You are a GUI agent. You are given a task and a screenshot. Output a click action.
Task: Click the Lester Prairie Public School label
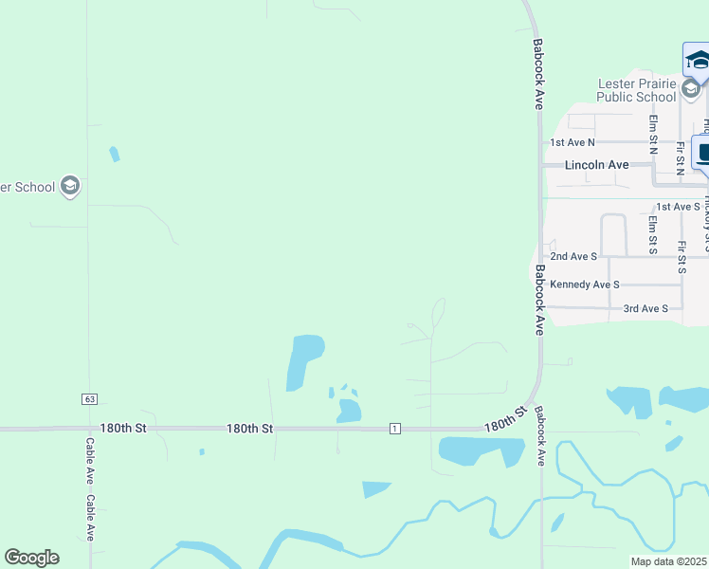[x=637, y=90]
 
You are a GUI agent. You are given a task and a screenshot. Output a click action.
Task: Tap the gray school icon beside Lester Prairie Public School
[x=691, y=89]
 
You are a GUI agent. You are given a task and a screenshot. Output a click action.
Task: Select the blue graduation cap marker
[x=698, y=61]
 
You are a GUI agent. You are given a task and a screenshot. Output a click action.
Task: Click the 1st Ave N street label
[x=573, y=142]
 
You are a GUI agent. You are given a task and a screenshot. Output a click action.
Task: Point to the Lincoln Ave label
[x=596, y=165]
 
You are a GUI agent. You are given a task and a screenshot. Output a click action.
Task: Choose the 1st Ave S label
[x=678, y=207]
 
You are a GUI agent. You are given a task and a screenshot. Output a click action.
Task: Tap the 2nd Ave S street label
[x=573, y=256]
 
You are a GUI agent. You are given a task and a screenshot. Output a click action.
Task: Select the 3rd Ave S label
[x=645, y=309]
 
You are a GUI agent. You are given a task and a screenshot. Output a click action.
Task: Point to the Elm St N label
[x=653, y=135]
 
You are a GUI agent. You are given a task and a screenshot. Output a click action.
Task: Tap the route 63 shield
[x=89, y=398]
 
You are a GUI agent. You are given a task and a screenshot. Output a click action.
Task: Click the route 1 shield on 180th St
[x=394, y=430]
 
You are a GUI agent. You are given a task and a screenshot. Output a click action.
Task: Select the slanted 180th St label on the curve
[x=504, y=418]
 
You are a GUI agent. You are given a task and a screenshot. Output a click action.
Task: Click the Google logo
[x=31, y=558]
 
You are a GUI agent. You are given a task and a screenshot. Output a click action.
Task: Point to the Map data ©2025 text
[x=669, y=561]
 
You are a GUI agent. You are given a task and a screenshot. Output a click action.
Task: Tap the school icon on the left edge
[x=69, y=186]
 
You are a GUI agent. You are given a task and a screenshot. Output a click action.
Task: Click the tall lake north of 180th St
[x=303, y=360]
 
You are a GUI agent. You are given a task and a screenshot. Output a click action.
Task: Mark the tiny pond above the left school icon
[x=115, y=154]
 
